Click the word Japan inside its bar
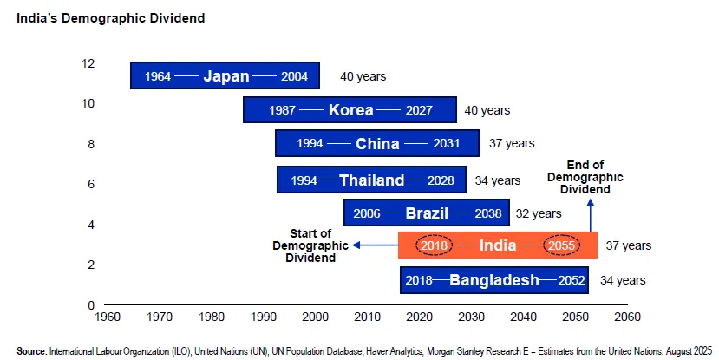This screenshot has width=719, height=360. point(226,76)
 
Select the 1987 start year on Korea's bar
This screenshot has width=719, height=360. point(283,110)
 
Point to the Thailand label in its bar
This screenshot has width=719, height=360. point(372,180)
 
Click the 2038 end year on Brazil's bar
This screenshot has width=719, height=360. point(488,213)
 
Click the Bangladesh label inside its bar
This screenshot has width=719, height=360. point(494,280)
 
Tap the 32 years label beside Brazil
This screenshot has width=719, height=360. point(539,213)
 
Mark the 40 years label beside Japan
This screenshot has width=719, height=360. point(363,76)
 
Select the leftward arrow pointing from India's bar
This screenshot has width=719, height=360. point(373,245)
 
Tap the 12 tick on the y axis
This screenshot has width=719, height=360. point(88,63)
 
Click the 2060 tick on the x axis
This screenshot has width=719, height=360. point(627,316)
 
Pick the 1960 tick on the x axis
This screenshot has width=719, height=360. point(108,316)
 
